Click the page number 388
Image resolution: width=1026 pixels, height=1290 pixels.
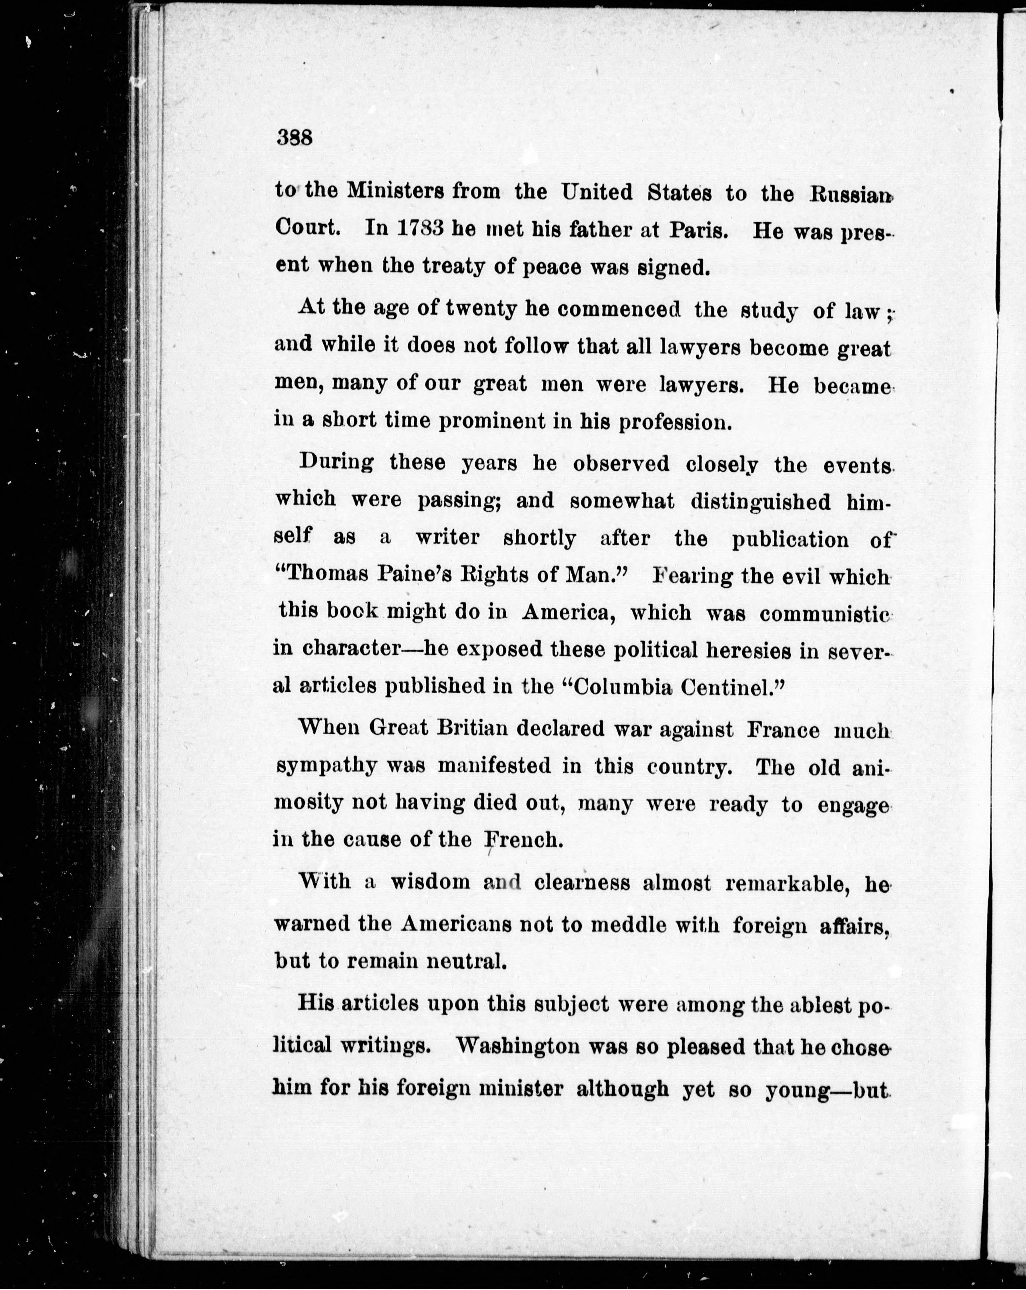point(295,138)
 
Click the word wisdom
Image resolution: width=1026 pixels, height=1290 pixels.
point(429,882)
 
